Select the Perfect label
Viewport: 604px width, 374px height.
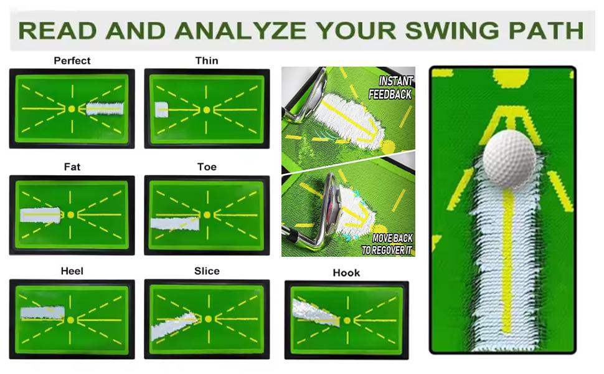coord(72,60)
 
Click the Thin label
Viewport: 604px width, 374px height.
coord(206,60)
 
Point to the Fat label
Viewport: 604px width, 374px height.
coord(72,167)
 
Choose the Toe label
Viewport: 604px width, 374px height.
coord(206,167)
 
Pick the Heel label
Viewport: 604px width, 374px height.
coord(72,271)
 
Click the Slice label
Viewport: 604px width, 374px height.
coord(206,271)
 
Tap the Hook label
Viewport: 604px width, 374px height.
coord(346,273)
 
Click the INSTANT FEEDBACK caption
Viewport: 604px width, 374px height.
coord(391,88)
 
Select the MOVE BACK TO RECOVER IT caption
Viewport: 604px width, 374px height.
coord(388,244)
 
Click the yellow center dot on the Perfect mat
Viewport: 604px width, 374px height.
coord(71,108)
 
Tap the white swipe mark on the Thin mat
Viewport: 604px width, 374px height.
coord(163,110)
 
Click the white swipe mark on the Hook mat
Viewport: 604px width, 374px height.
coord(314,312)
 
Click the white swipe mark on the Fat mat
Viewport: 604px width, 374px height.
coord(41,215)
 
